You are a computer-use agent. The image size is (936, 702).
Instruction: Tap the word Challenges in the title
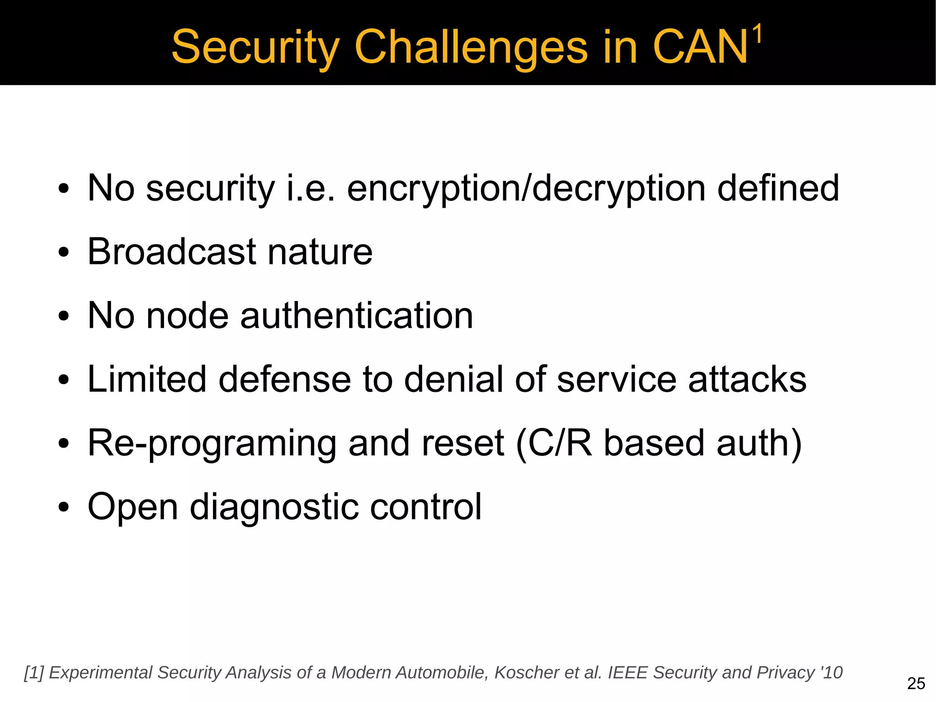click(471, 48)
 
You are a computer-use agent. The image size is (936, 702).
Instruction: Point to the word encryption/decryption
click(526, 189)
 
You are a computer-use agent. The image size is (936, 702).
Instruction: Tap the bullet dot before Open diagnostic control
click(64, 508)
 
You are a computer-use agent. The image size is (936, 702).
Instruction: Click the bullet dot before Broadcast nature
click(64, 252)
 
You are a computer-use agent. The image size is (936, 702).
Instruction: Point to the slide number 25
click(916, 684)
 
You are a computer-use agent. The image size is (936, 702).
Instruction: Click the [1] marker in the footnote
click(33, 673)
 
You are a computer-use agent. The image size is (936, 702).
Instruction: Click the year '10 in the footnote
click(831, 673)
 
